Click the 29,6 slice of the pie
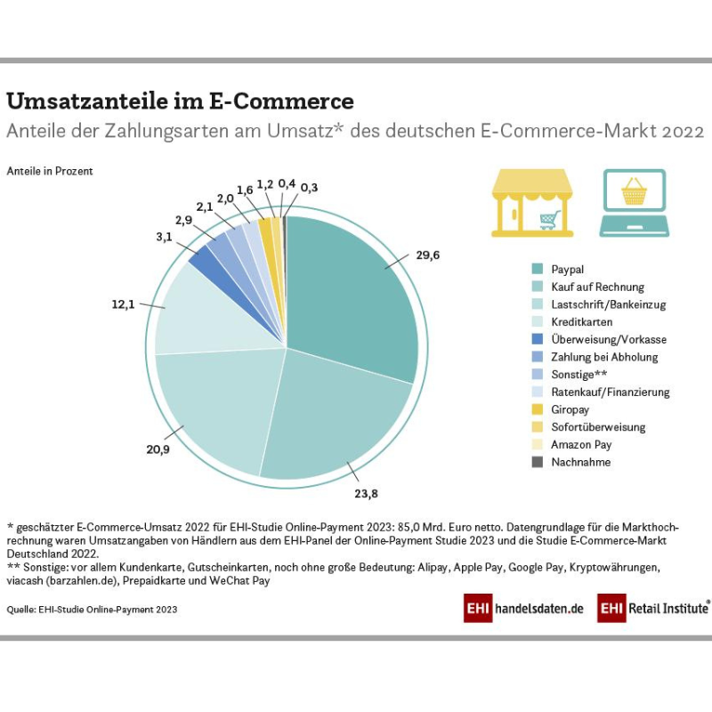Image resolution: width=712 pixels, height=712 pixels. coord(352,294)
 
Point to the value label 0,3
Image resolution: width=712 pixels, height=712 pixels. coord(309,188)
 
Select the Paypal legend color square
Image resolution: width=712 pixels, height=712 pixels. coord(538,270)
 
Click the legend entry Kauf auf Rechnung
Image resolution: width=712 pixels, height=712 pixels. coord(597,287)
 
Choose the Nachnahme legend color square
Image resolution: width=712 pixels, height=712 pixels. coord(538,462)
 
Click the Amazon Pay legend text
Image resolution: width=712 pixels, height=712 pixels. coord(581,444)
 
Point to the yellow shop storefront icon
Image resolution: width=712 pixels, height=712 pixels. coord(532,203)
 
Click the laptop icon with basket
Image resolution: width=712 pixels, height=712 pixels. coord(634,203)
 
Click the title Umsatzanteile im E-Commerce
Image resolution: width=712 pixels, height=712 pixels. coord(180,101)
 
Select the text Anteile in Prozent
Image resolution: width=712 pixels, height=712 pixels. coord(50,171)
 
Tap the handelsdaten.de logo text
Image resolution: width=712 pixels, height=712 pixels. coord(539,609)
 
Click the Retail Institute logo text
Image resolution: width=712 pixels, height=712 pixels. coord(667,609)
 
